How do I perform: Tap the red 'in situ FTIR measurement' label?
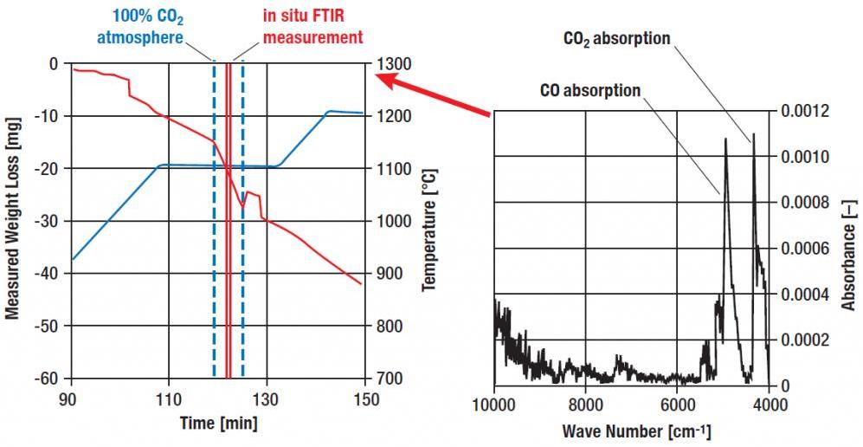point(313,28)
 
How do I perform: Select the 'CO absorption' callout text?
point(590,90)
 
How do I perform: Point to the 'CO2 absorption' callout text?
point(617,39)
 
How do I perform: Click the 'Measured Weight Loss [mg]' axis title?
point(12,220)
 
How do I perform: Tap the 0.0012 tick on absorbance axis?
point(804,112)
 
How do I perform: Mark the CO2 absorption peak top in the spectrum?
point(753,134)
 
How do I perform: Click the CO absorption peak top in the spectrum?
point(725,139)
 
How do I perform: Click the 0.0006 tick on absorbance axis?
point(804,249)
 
